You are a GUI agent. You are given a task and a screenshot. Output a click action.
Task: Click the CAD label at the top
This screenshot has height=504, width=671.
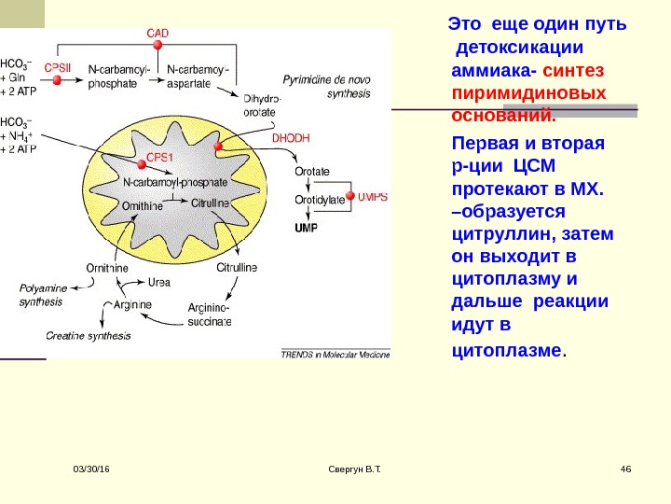(x=157, y=33)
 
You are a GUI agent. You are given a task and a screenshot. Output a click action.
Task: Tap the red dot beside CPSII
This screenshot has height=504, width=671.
(x=59, y=81)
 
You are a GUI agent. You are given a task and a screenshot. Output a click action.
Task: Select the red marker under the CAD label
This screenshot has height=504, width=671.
(x=157, y=45)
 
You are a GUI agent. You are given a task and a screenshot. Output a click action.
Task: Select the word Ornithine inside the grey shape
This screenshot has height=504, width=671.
(x=143, y=206)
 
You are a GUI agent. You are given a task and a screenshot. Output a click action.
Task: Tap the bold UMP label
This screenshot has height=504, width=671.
(x=306, y=228)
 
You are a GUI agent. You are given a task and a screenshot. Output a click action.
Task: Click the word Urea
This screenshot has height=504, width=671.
(x=158, y=282)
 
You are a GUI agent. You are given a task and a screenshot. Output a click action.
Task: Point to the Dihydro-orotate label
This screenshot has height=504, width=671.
(x=261, y=105)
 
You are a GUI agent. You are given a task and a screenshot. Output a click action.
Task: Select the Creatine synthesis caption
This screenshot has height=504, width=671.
(x=89, y=334)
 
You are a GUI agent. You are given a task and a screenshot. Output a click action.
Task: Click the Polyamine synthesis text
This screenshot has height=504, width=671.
(x=43, y=295)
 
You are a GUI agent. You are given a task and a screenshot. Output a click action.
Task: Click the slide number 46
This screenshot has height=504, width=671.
(x=625, y=467)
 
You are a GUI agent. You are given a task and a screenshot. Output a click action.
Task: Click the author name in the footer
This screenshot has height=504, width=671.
(x=350, y=467)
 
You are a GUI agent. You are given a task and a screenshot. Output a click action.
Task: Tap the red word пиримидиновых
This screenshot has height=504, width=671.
(x=527, y=93)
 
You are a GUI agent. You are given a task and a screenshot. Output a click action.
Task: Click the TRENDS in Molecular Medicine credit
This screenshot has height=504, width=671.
(x=335, y=354)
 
